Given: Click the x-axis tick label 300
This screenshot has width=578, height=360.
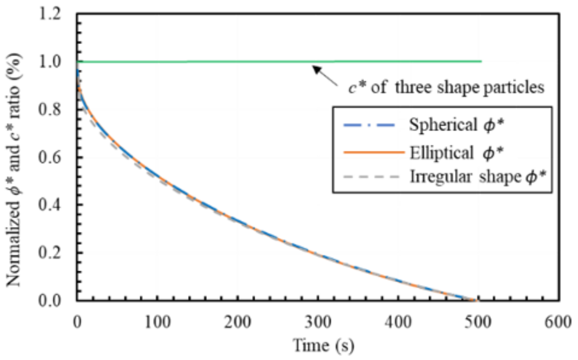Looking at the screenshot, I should click(317, 322).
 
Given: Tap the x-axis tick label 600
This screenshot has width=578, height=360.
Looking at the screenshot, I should click(558, 322).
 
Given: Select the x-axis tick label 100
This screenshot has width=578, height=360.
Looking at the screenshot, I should click(157, 322).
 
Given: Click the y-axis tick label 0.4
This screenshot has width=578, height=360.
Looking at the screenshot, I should click(50, 206).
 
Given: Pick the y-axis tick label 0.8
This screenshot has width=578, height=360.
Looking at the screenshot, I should click(50, 110).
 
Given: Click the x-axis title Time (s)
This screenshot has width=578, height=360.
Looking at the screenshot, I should click(323, 345).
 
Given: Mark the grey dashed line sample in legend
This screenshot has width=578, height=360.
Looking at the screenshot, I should click(371, 177).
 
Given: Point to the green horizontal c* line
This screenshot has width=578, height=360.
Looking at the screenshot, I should click(238, 62).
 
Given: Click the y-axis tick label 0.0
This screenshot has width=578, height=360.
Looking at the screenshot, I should click(50, 301).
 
